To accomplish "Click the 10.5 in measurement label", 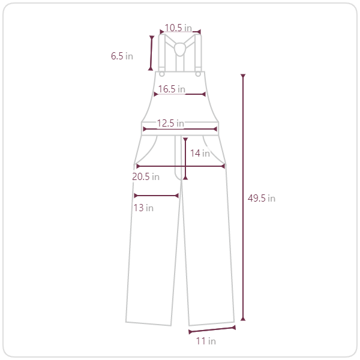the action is [178, 28].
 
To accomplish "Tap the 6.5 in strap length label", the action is [122, 56].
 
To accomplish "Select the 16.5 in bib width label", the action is [172, 89].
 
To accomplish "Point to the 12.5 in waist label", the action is [170, 123].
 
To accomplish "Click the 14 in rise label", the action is [200, 153].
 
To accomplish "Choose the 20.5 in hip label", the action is [146, 176].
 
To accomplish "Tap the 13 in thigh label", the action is [143, 208].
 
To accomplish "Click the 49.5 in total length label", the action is [262, 199].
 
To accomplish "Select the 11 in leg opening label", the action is [206, 341].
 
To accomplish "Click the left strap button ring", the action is [161, 74].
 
